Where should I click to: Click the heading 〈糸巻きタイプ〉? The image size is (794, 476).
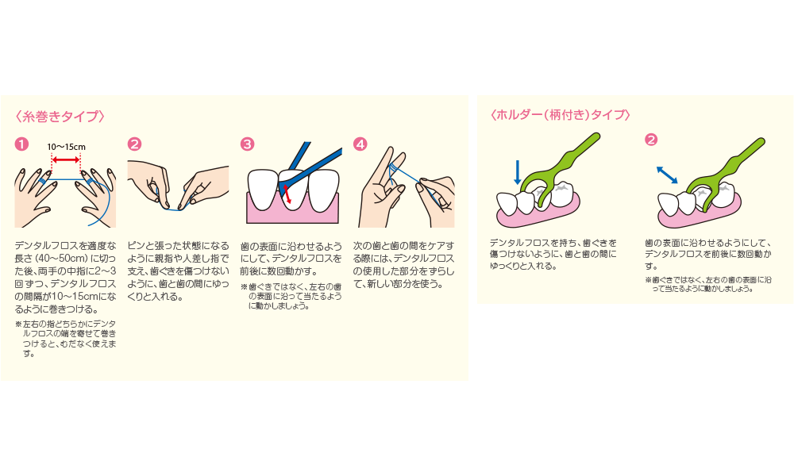[x=60, y=117]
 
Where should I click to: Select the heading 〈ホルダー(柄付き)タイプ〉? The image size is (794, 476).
[x=561, y=115]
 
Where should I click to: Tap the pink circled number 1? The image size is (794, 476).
[x=21, y=144]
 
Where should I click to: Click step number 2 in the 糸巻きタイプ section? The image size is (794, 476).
[x=134, y=144]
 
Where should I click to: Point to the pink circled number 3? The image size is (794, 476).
[x=247, y=144]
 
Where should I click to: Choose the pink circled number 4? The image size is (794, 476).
[x=360, y=144]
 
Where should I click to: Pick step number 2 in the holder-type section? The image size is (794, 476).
[x=651, y=139]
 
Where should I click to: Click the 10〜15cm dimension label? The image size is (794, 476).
[x=67, y=148]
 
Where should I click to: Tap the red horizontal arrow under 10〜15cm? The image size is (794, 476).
[x=67, y=159]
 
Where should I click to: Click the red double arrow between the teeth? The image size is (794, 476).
[x=287, y=194]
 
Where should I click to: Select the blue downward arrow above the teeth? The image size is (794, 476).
[x=517, y=172]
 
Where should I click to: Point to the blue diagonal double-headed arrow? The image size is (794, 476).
[x=667, y=175]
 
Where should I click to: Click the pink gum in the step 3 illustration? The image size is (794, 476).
[x=292, y=213]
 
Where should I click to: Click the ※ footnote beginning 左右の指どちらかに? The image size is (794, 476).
[x=66, y=339]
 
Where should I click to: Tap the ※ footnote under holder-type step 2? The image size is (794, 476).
[x=708, y=284]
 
